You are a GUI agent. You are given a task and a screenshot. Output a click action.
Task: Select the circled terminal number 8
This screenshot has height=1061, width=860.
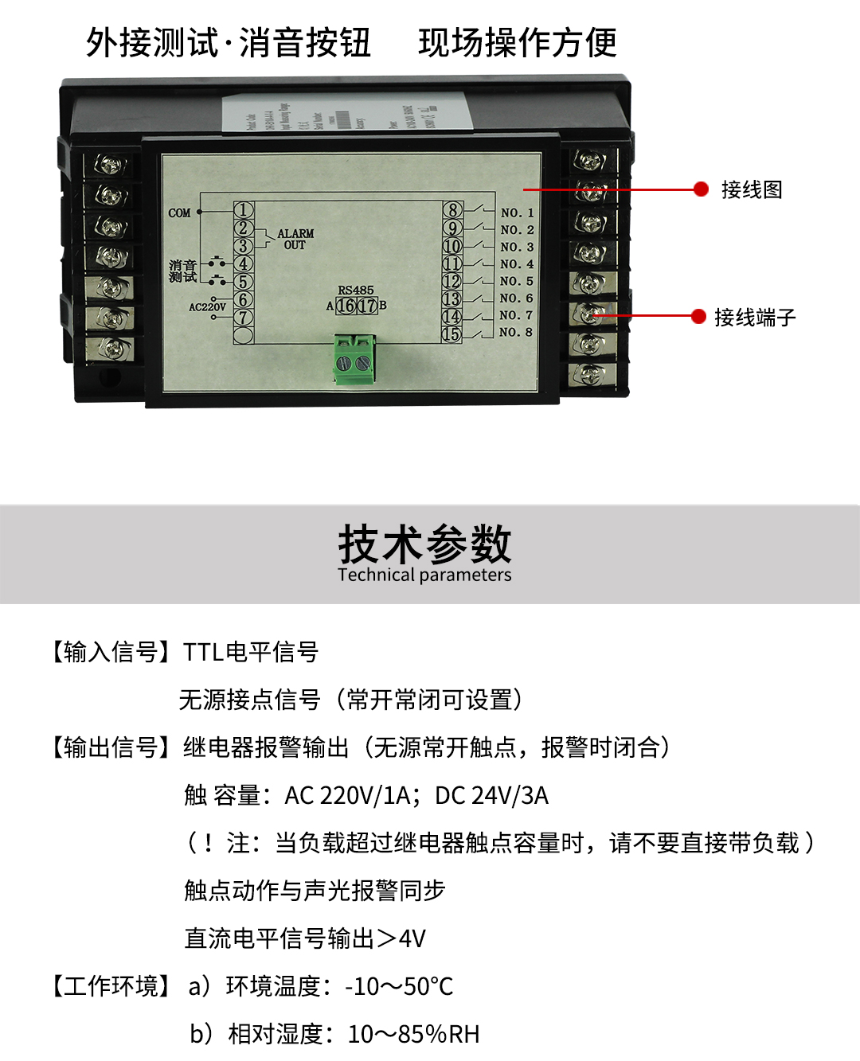tap(452, 210)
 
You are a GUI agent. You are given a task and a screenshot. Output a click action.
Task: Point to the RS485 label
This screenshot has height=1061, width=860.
tap(355, 291)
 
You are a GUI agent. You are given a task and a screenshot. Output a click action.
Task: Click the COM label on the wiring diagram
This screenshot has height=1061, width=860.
tap(179, 213)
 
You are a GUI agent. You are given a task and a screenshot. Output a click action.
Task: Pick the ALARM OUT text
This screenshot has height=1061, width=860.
tap(295, 240)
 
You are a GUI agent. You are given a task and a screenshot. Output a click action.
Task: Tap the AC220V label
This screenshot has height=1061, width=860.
tap(207, 306)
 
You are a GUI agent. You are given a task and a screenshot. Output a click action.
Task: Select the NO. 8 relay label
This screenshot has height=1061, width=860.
tap(517, 332)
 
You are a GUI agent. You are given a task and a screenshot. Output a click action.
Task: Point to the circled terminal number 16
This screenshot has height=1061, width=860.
tap(346, 305)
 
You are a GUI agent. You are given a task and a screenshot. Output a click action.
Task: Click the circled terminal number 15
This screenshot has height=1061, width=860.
tap(451, 334)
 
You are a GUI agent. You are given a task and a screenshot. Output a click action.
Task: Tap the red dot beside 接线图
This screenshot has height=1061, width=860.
tap(701, 189)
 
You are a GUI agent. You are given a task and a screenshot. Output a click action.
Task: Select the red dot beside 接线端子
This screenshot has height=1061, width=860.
tap(698, 317)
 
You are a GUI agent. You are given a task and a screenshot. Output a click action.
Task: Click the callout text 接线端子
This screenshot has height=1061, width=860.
tap(755, 318)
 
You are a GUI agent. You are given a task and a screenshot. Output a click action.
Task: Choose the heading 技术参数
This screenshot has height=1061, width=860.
tap(424, 544)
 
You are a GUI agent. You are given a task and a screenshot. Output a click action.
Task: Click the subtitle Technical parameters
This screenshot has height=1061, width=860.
tap(424, 575)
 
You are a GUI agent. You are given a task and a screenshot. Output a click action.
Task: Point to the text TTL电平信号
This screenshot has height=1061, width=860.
tap(251, 652)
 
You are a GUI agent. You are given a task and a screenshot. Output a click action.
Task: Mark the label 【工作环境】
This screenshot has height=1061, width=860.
tap(111, 986)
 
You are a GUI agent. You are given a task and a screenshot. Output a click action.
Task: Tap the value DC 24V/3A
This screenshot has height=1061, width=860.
tap(491, 795)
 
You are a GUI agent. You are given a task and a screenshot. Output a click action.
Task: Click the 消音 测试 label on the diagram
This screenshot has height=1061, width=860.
tap(182, 271)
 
